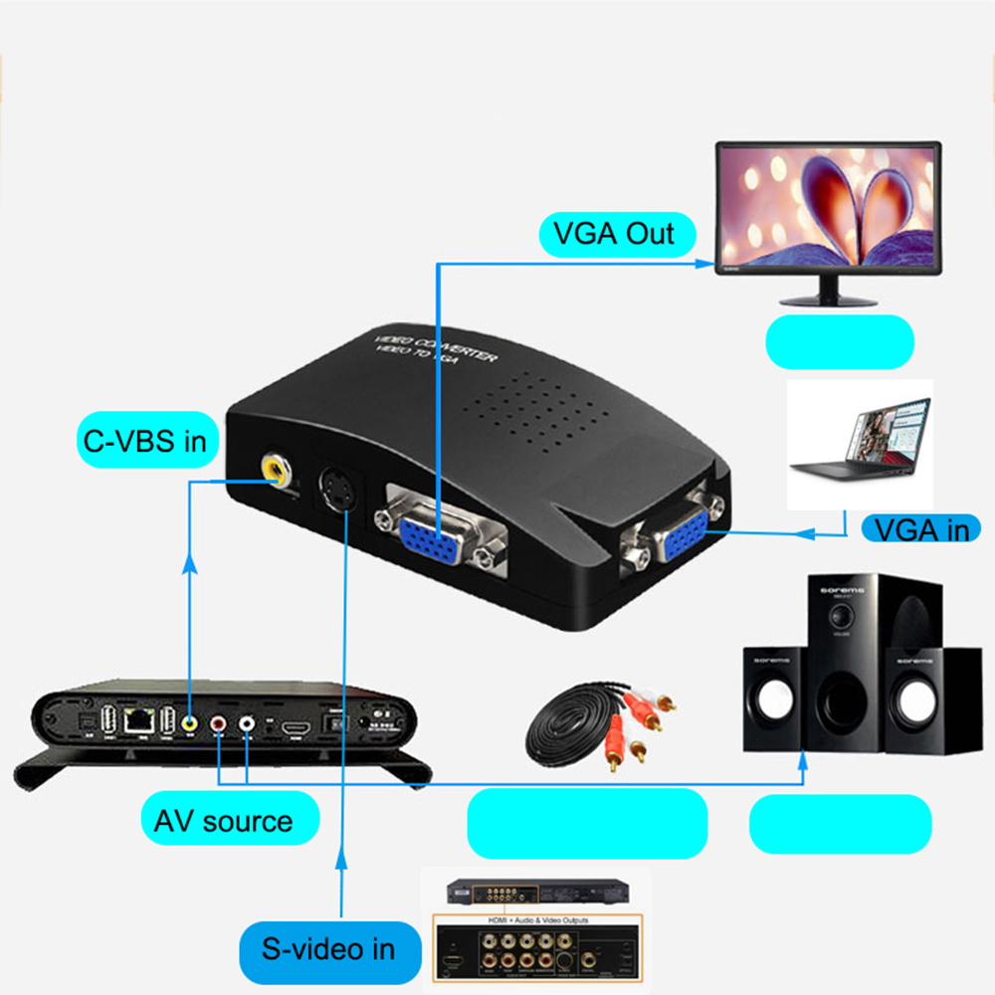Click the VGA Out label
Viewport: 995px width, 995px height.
pos(613,235)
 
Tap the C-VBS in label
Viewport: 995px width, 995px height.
pos(145,440)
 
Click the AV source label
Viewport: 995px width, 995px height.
pos(224,822)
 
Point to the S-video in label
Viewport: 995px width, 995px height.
pos(327,948)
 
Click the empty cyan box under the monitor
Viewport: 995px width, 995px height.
pos(839,341)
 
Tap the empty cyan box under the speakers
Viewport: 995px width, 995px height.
pos(840,824)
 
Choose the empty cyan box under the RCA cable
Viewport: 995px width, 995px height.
pos(587,824)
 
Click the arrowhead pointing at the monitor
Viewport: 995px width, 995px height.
pos(708,264)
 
